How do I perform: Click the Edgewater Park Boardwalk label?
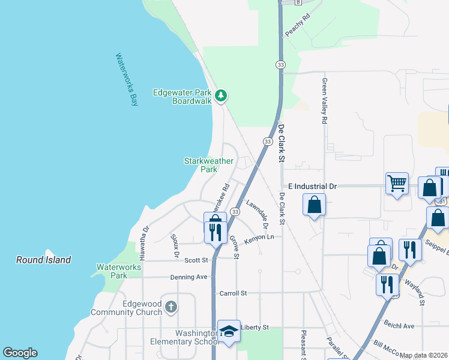point(182,97)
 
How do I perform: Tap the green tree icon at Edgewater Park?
point(221,94)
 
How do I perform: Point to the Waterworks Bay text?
point(127,80)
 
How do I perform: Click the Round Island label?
point(43,260)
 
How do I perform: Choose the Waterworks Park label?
point(112,271)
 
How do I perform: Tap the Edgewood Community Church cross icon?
point(171,308)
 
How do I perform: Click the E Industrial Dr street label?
point(312,187)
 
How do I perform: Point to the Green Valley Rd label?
point(324,101)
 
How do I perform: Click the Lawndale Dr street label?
point(256,213)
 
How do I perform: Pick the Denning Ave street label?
point(188,277)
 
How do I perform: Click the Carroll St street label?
point(235,293)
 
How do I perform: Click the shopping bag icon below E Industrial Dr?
point(315,205)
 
